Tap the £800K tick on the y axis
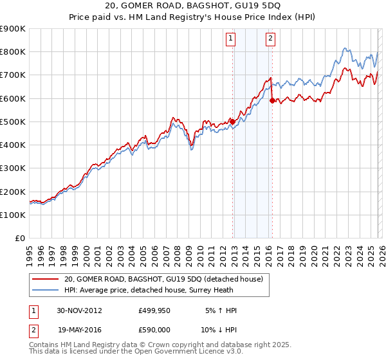(x=14, y=52)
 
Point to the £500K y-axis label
(x=14, y=122)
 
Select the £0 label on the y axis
(x=20, y=238)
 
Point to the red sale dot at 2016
(x=272, y=100)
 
